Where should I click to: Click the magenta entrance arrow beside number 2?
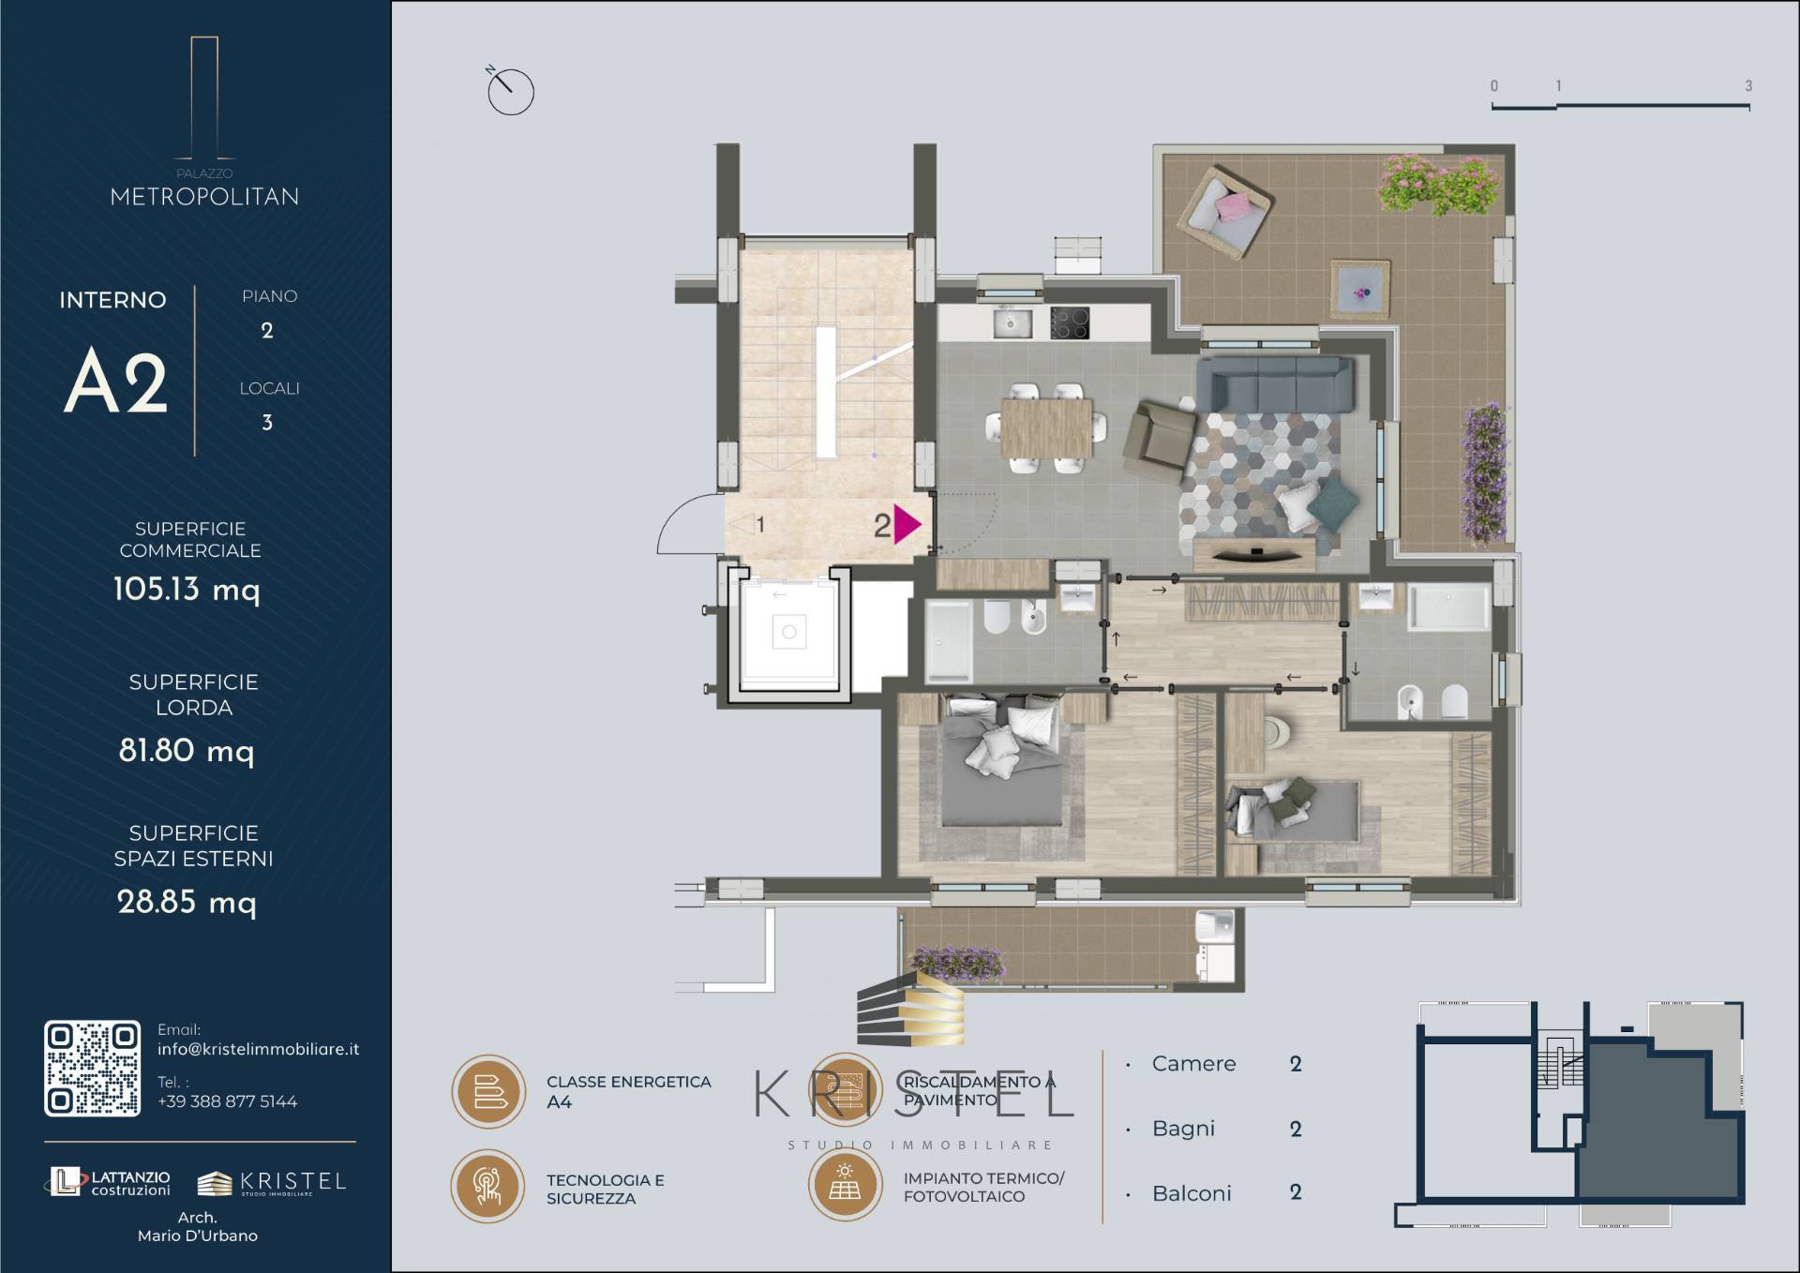(x=907, y=524)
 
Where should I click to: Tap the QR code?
(x=92, y=1069)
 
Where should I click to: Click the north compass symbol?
(x=509, y=90)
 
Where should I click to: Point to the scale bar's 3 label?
(x=1747, y=85)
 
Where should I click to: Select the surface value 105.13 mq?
(x=187, y=589)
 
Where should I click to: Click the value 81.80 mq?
(x=187, y=750)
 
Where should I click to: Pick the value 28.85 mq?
(x=187, y=902)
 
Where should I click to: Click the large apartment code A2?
(x=115, y=380)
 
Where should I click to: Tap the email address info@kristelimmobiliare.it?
(x=258, y=1049)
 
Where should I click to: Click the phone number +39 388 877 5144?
(x=227, y=1101)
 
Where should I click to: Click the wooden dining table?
(x=1046, y=427)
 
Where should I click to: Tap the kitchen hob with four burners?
(x=1070, y=323)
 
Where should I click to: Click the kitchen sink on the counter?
(x=1012, y=323)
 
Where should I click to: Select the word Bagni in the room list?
(x=1183, y=1129)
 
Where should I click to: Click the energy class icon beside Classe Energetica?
(x=488, y=1091)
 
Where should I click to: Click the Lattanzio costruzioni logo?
(x=109, y=1182)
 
